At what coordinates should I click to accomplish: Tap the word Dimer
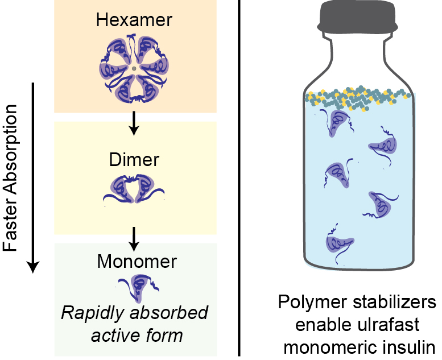pos(134,160)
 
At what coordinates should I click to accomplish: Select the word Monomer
pos(137,262)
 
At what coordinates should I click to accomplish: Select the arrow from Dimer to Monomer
pos(134,238)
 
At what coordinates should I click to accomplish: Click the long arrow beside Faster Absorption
pos(34,176)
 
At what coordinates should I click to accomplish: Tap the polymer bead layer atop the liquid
pos(358,98)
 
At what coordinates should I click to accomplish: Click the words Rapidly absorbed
pos(135,313)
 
